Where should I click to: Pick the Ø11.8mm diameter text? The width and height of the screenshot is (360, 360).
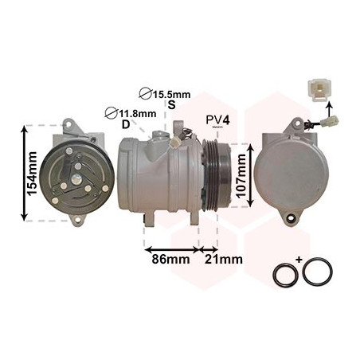click(130, 113)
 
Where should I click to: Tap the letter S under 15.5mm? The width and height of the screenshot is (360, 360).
click(170, 104)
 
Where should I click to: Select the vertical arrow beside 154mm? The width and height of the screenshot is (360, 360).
click(24, 171)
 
